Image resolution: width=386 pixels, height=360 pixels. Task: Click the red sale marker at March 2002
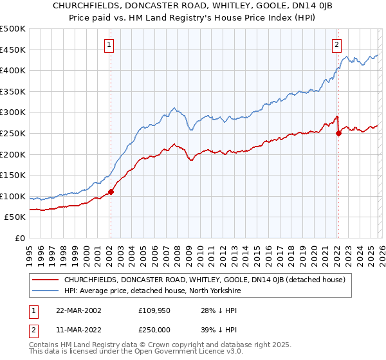pyautogui.click(x=111, y=191)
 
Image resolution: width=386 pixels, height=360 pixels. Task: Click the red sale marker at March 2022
pyautogui.click(x=338, y=133)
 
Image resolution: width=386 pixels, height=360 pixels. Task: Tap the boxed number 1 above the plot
pyautogui.click(x=109, y=45)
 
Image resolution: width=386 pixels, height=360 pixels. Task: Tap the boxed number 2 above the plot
pyautogui.click(x=336, y=45)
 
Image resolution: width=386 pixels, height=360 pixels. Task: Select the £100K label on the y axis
pyautogui.click(x=13, y=196)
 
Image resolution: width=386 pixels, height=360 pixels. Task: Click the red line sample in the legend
pyautogui.click(x=46, y=280)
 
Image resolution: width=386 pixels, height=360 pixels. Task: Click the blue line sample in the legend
pyautogui.click(x=46, y=291)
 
